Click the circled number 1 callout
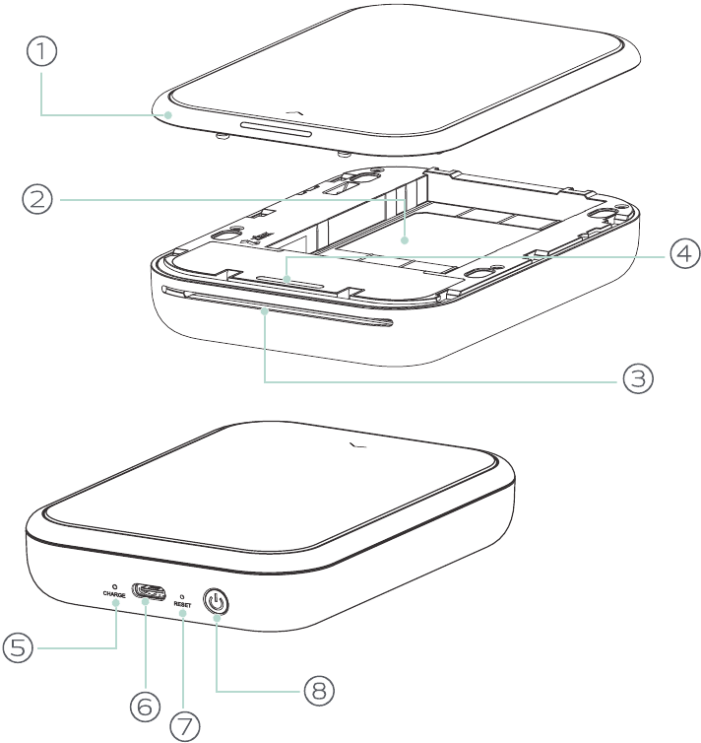click(x=41, y=51)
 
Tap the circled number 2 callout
click(x=37, y=199)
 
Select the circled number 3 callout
click(x=638, y=378)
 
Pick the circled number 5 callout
click(x=18, y=647)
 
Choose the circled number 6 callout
click(x=145, y=707)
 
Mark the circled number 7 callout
click(x=184, y=726)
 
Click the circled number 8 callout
click(x=319, y=690)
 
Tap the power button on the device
click(x=216, y=602)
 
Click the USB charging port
click(x=149, y=591)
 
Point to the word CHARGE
click(x=114, y=594)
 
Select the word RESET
click(x=182, y=605)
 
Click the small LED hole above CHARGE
click(x=114, y=586)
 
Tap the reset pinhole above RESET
click(x=182, y=597)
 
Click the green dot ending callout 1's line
click(x=167, y=114)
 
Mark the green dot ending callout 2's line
click(x=405, y=240)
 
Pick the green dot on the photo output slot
click(x=266, y=310)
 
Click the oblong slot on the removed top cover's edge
click(x=277, y=129)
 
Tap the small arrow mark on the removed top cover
click(x=295, y=112)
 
